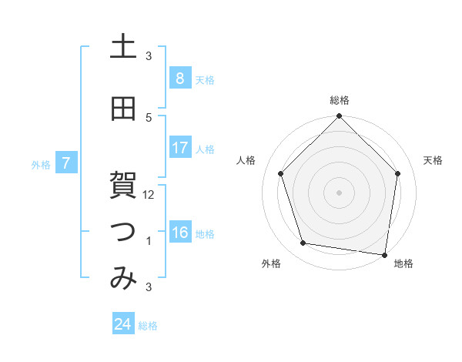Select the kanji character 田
pyautogui.click(x=123, y=109)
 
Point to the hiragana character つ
pyautogui.click(x=123, y=233)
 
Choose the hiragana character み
pyautogui.click(x=123, y=279)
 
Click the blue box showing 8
pyautogui.click(x=179, y=78)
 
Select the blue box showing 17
pyautogui.click(x=179, y=148)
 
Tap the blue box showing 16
pyautogui.click(x=179, y=233)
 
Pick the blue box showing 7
pyautogui.click(x=67, y=163)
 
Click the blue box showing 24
pyautogui.click(x=123, y=324)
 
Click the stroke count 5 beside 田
pyautogui.click(x=149, y=117)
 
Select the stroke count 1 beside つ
pyautogui.click(x=149, y=241)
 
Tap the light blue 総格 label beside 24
pyautogui.click(x=148, y=326)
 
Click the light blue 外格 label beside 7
pyautogui.click(x=41, y=164)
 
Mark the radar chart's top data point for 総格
pyautogui.click(x=339, y=117)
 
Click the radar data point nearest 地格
pyautogui.click(x=384, y=254)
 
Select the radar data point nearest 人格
pyautogui.click(x=281, y=173)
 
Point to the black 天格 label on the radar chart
pyautogui.click(x=433, y=160)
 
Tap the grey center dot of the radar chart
pyautogui.click(x=339, y=192)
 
